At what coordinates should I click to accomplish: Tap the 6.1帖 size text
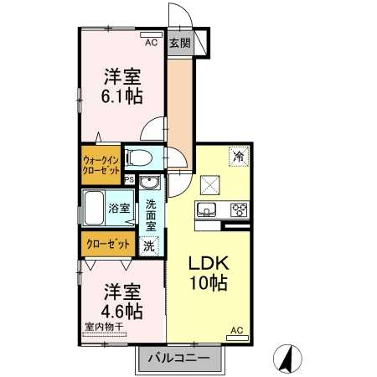click(121, 95)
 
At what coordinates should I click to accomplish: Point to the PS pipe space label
click(128, 179)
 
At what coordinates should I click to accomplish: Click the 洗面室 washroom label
click(151, 214)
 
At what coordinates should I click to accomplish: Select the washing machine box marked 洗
click(148, 247)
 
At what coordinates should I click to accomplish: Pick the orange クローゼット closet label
click(108, 245)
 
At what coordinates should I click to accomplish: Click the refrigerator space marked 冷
click(239, 155)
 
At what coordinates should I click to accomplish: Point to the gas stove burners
click(237, 209)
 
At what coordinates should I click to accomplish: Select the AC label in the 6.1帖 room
click(152, 42)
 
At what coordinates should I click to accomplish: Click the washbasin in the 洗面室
click(151, 185)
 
